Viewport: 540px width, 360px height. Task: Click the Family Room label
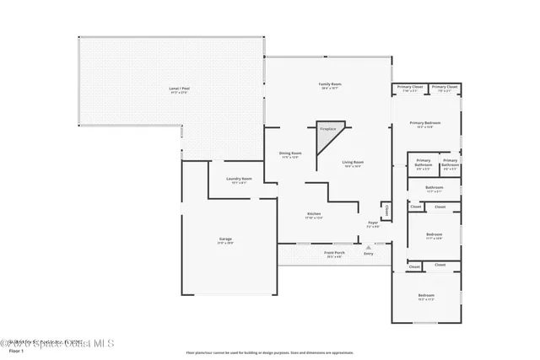coord(329,85)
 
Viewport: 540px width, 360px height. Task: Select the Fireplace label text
coord(327,129)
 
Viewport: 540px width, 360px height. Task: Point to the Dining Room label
coord(290,153)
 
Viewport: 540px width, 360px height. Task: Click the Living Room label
coord(353,163)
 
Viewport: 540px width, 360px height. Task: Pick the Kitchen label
coord(314,215)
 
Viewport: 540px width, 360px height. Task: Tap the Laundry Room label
coord(240,179)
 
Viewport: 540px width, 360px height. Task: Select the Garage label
coord(225,239)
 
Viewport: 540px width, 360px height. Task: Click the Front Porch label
coord(334,253)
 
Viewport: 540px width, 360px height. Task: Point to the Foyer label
coord(373,223)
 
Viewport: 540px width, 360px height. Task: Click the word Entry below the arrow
coord(368,254)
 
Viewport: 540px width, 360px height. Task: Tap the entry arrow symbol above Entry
coord(368,246)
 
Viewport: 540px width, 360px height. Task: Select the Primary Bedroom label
coord(426,124)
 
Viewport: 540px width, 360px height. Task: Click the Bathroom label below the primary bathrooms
coord(435,187)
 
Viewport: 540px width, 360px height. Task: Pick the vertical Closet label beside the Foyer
coord(386,209)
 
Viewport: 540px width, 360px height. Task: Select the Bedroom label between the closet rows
coord(435,234)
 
